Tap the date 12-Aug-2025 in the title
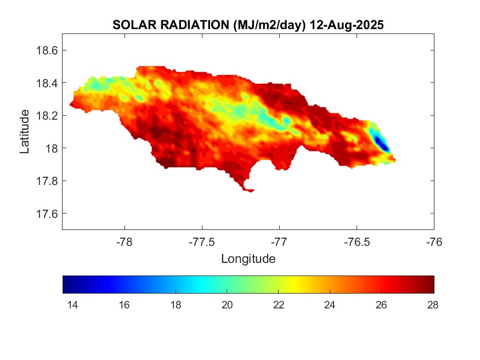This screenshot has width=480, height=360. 346,25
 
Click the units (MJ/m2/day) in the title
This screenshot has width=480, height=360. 269,25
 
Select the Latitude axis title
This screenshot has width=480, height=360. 25,131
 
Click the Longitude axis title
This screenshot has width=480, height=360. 248,258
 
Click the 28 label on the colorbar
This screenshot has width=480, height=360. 433,305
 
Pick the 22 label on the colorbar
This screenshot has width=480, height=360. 278,305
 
